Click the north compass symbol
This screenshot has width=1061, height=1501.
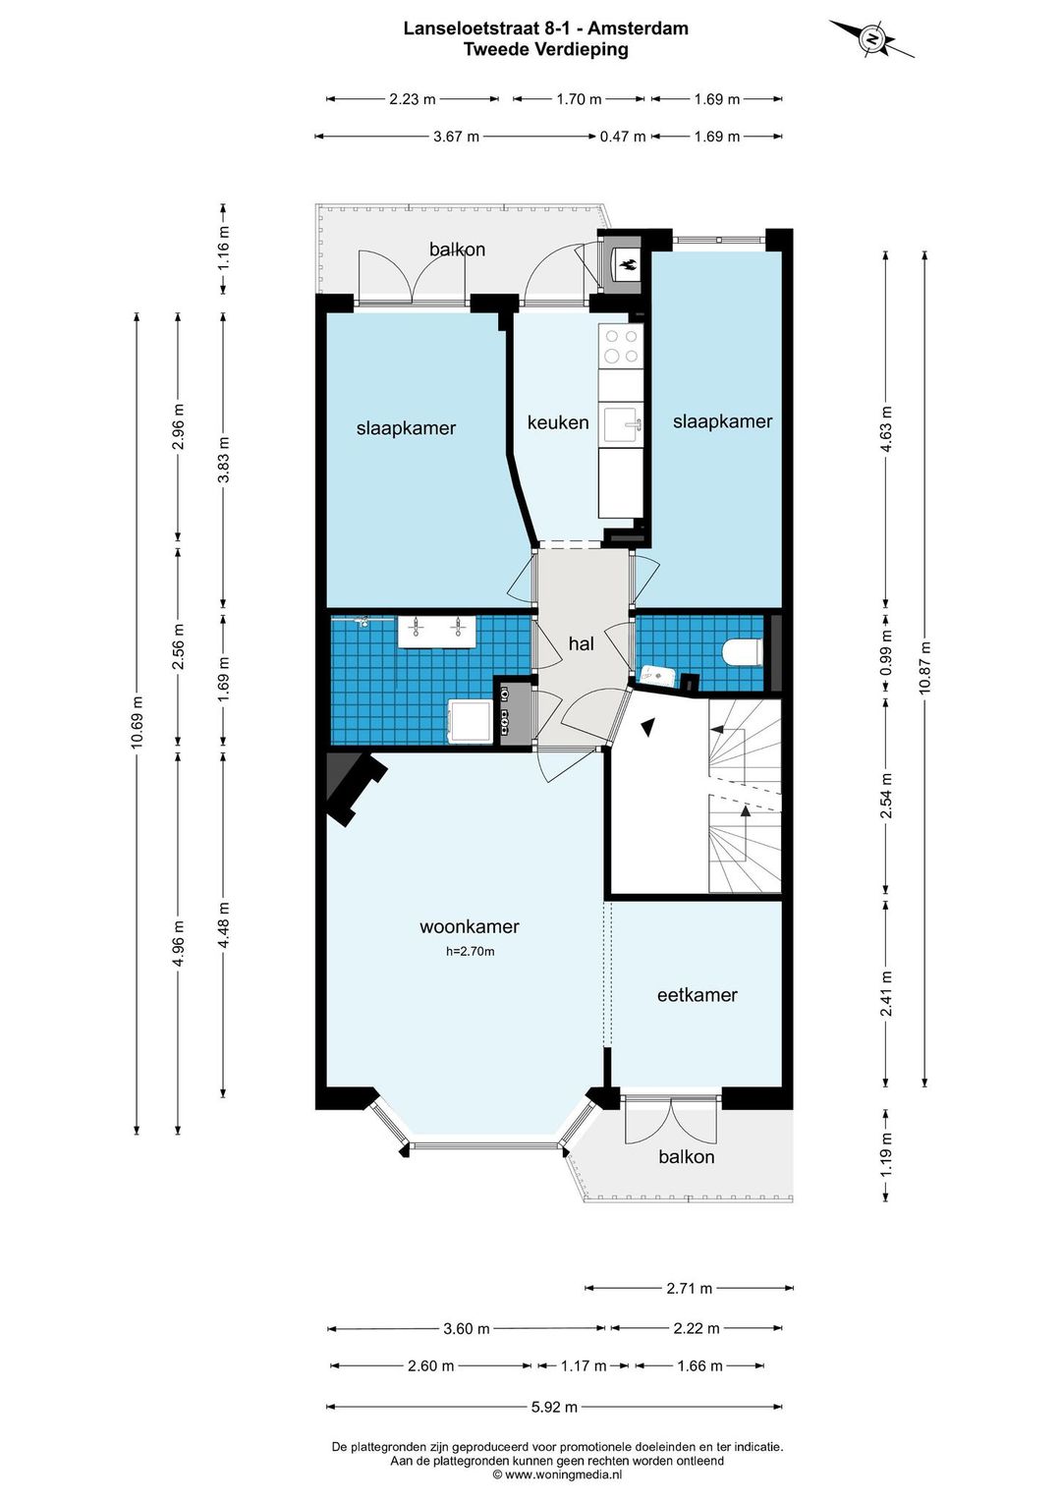(x=871, y=38)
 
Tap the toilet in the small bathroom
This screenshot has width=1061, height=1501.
(x=743, y=651)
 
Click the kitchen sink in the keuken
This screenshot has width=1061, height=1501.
(x=621, y=423)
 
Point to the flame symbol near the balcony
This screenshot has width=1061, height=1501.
(x=628, y=264)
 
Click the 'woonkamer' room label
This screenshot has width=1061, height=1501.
(x=470, y=926)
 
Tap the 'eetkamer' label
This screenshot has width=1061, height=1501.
(x=698, y=995)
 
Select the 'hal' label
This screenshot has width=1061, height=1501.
(x=582, y=644)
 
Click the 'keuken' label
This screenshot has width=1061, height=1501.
(x=558, y=422)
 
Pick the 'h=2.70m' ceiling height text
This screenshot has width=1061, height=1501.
(x=470, y=951)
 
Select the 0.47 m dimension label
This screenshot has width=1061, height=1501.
(x=623, y=137)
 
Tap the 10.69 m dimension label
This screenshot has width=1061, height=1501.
(x=137, y=722)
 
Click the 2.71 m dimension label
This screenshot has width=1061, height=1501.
(x=689, y=1288)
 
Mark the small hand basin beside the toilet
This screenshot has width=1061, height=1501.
(x=655, y=674)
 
